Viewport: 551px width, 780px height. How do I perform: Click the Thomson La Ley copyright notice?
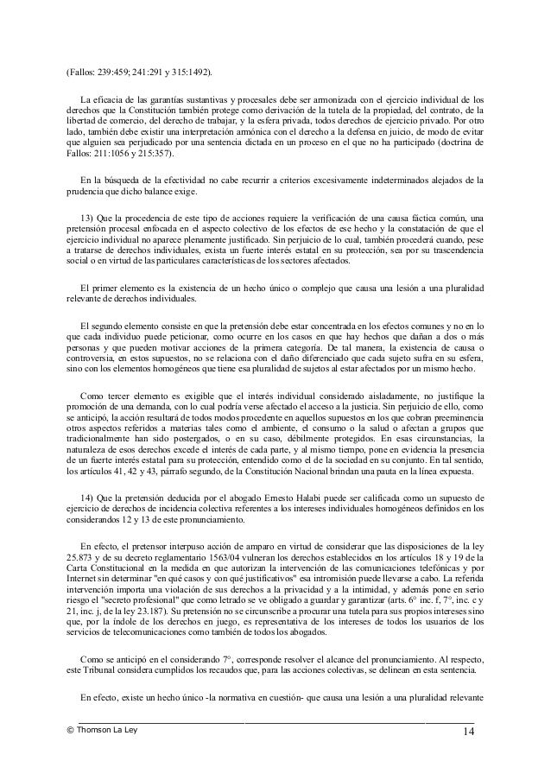click(x=95, y=730)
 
